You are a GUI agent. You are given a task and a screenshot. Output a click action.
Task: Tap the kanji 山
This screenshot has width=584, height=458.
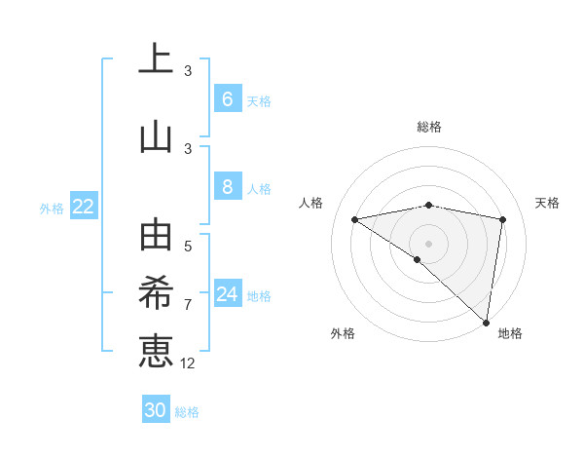[156, 136]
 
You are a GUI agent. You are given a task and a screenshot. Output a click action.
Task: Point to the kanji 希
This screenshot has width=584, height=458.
[156, 293]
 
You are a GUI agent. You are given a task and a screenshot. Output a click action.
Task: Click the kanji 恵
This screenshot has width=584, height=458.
[156, 350]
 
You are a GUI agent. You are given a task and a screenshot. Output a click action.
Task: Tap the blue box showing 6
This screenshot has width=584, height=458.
[227, 99]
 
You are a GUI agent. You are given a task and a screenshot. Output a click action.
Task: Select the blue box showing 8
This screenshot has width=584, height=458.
[227, 187]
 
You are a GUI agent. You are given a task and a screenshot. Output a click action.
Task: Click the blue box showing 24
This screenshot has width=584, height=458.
[228, 294]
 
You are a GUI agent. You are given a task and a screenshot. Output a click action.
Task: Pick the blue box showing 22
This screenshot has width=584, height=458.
[83, 207]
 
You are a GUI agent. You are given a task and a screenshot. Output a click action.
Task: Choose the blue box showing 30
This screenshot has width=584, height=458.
[156, 410]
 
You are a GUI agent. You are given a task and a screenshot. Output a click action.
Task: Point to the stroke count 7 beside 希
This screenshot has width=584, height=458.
[188, 304]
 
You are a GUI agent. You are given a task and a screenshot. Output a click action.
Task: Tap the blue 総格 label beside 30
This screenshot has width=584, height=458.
[187, 412]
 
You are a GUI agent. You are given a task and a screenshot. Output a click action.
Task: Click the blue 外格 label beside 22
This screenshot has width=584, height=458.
[52, 208]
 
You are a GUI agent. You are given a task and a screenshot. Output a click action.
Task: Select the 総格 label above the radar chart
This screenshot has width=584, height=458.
[428, 127]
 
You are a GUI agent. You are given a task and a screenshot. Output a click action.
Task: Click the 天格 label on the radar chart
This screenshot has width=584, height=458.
[547, 203]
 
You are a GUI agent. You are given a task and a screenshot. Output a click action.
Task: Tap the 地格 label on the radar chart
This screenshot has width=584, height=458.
[510, 333]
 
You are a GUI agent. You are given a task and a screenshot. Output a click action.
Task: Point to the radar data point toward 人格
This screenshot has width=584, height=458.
[354, 219]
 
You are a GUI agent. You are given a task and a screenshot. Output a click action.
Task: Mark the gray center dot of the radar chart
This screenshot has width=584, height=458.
[428, 242]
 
